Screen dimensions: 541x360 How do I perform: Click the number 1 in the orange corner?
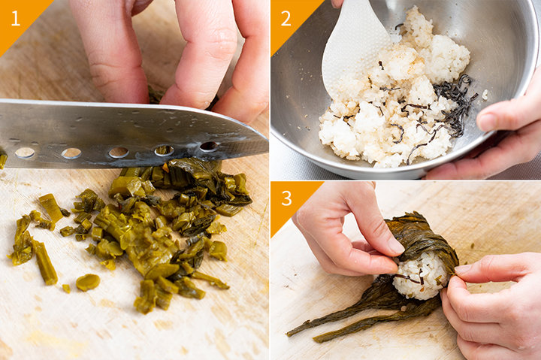pyautogui.click(x=15, y=18)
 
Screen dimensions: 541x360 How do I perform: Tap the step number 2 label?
pyautogui.click(x=286, y=18)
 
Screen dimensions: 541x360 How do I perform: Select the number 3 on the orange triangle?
pyautogui.click(x=286, y=198)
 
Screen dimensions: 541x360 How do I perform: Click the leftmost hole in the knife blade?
pyautogui.click(x=25, y=153)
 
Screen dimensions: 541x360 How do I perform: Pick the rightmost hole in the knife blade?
pyautogui.click(x=209, y=147)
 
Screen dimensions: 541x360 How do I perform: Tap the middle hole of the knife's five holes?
pyautogui.click(x=119, y=153)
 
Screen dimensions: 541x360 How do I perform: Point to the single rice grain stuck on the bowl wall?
pyautogui.click(x=485, y=94)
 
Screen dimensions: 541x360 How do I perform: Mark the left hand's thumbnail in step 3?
pyautogui.click(x=395, y=245)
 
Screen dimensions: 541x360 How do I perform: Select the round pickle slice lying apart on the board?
pyautogui.click(x=88, y=283)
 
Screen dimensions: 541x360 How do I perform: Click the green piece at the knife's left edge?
pyautogui.click(x=3, y=159)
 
